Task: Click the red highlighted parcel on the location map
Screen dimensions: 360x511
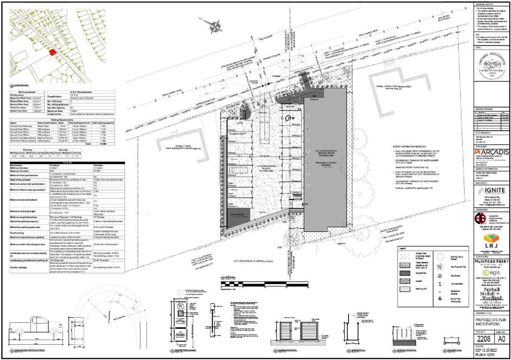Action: click(x=51, y=52)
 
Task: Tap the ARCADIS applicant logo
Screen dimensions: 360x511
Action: click(x=491, y=153)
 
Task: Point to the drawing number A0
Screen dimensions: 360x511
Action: click(x=502, y=339)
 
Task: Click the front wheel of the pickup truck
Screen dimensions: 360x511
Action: click(x=51, y=333)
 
